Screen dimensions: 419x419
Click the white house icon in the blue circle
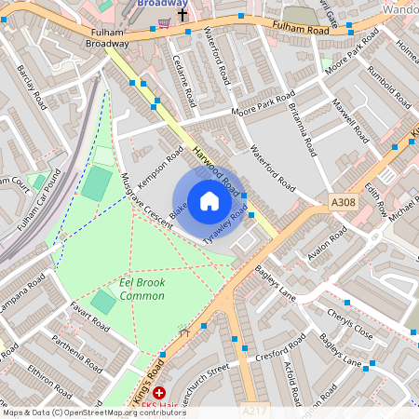click(x=209, y=200)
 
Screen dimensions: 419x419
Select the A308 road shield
click(x=343, y=201)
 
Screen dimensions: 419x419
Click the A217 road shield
click(x=253, y=411)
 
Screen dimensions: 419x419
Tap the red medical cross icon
click(x=159, y=394)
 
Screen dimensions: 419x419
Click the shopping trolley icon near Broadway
click(x=164, y=21)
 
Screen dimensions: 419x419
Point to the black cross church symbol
click(x=182, y=15)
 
